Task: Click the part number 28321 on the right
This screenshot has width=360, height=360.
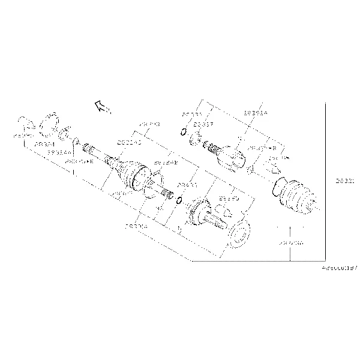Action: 345,179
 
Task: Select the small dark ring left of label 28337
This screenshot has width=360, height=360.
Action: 183,133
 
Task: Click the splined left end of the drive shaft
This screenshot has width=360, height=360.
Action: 88,148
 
